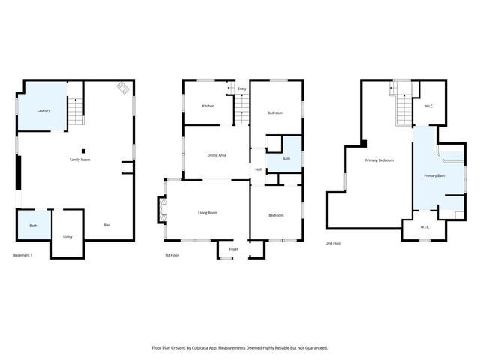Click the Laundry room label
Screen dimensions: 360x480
tap(43, 111)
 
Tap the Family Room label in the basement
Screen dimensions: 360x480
tap(80, 160)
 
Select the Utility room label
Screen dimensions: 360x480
tap(67, 236)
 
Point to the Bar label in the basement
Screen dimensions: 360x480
tap(107, 225)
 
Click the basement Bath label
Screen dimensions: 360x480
tap(33, 226)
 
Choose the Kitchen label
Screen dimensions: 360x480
tap(208, 106)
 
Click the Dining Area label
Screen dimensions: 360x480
tap(217, 154)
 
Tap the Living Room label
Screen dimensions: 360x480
tap(208, 213)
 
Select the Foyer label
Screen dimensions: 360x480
tap(234, 249)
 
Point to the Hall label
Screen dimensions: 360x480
tap(258, 169)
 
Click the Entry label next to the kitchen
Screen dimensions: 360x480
tap(241, 89)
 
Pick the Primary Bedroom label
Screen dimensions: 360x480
tap(379, 160)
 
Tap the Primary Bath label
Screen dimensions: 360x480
tap(434, 175)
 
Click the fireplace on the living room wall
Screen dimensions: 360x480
tap(160, 211)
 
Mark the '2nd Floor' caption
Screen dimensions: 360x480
tap(334, 244)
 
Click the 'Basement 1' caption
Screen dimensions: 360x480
tap(24, 256)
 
